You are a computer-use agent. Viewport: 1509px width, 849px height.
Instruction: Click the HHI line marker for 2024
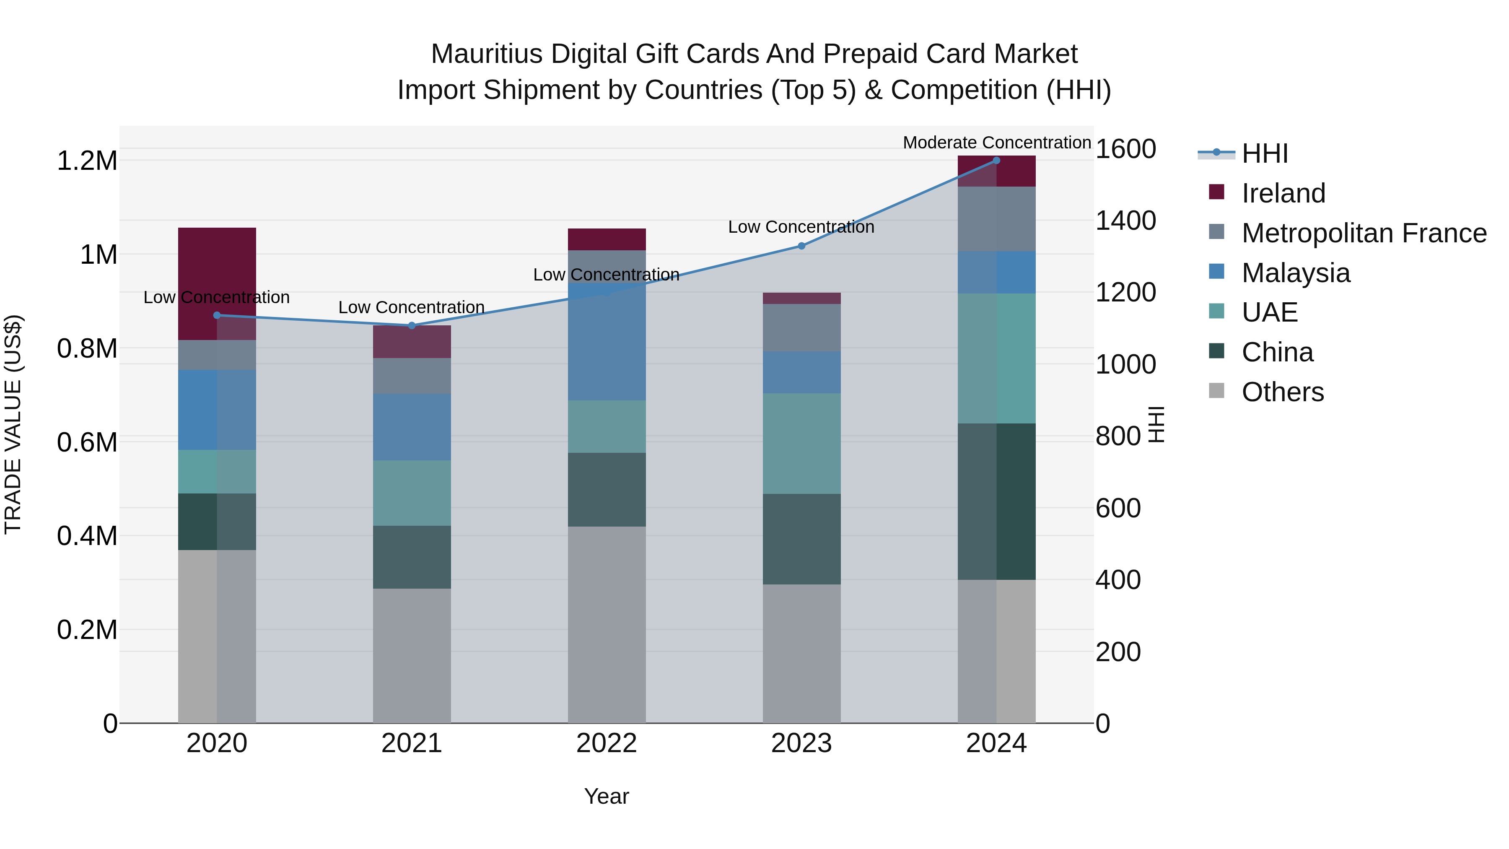coord(996,161)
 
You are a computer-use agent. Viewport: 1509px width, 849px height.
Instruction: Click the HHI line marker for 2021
coord(412,326)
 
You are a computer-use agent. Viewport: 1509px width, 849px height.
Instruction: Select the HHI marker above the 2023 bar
coord(802,246)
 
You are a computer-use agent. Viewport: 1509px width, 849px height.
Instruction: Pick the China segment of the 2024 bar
coord(996,501)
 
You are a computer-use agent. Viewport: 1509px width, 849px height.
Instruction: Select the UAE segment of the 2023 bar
coord(802,444)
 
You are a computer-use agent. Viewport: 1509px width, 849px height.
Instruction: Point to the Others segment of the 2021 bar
coord(412,656)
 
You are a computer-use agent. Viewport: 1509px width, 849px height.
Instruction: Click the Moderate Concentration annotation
coord(996,143)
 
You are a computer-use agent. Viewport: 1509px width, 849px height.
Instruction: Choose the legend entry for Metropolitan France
coord(1364,233)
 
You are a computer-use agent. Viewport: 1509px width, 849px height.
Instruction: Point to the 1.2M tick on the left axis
coord(87,161)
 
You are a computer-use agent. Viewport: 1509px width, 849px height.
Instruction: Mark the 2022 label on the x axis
coord(607,743)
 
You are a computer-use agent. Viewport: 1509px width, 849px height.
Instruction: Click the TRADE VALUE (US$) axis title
coord(13,424)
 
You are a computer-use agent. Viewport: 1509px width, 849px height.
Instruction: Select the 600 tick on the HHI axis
coord(1117,508)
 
